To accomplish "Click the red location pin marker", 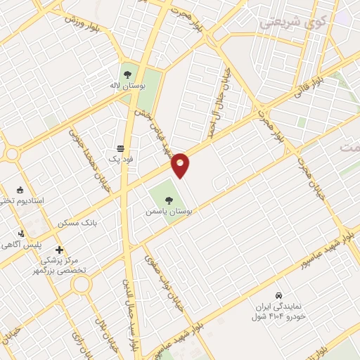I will [180, 165].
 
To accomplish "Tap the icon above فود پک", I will [120, 149].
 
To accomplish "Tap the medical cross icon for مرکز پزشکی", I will [59, 249].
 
